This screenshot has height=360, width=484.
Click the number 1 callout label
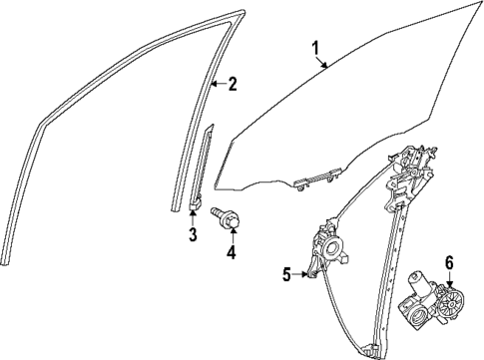coord(315,47)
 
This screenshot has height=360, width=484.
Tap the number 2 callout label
coord(233,84)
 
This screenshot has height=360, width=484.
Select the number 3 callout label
coord(194,235)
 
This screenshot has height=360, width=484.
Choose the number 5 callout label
coord(286,275)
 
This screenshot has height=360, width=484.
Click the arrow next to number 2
coord(217,84)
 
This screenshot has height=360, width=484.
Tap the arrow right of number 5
coord(302,275)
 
